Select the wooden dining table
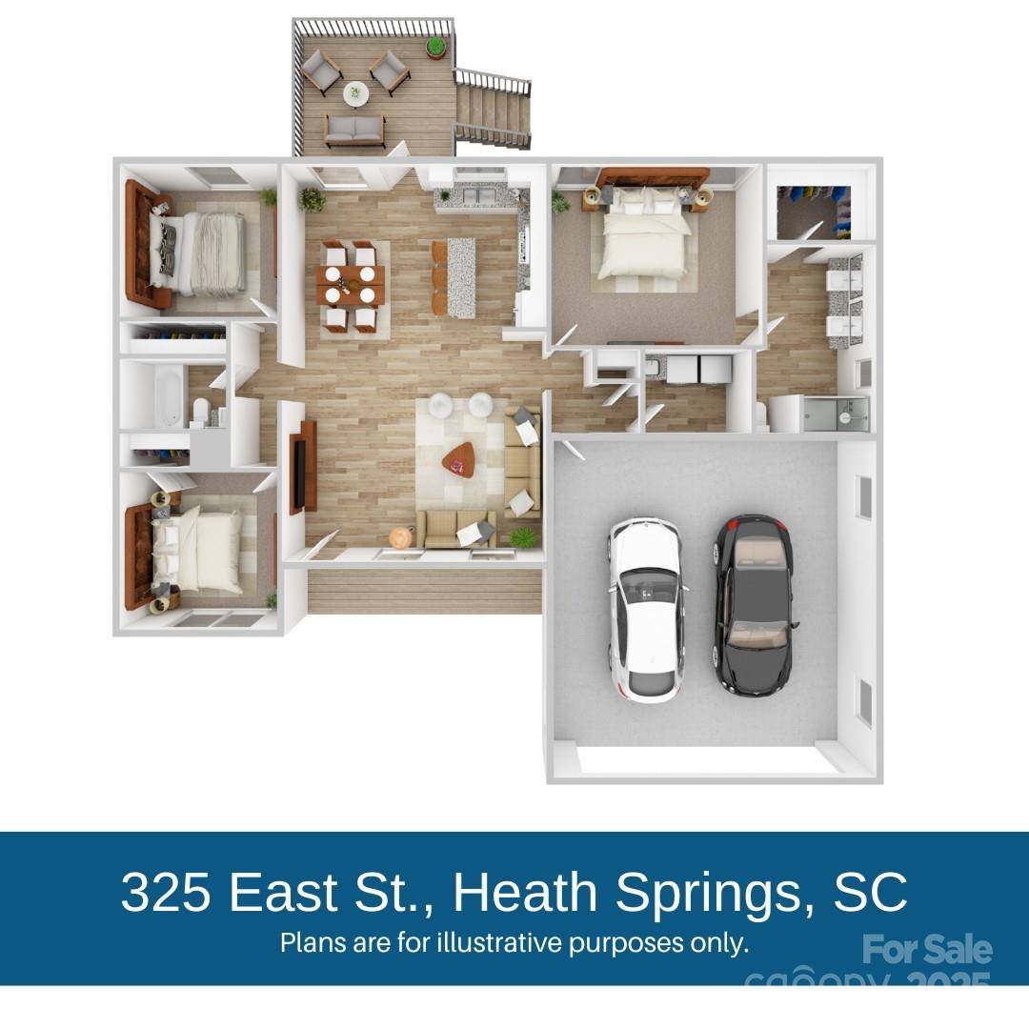click(351, 284)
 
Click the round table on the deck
click(356, 92)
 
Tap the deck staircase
click(491, 110)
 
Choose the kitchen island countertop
click(461, 276)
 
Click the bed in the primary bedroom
click(640, 238)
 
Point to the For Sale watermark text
click(926, 949)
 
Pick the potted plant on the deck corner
click(435, 45)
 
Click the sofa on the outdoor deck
click(354, 130)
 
